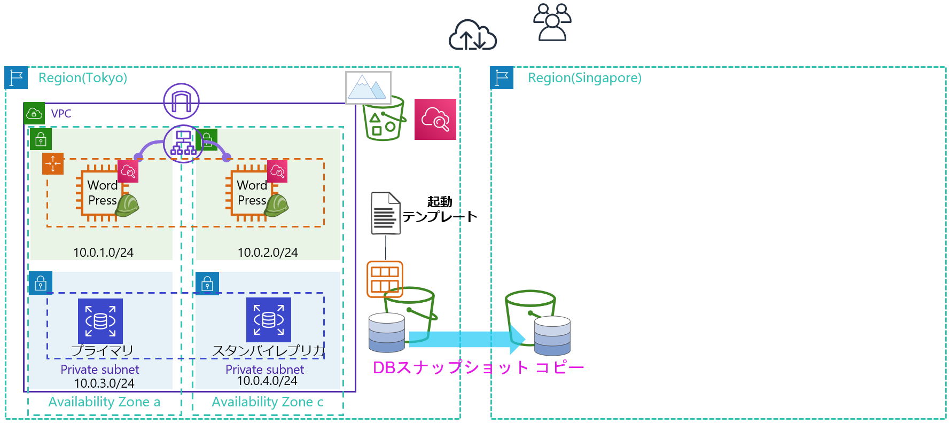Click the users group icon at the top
tap(552, 22)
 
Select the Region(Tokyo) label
tap(83, 78)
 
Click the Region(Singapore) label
tap(584, 78)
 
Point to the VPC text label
tap(61, 114)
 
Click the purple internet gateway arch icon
tap(181, 101)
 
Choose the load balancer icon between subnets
tap(183, 143)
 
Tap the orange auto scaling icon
tap(53, 163)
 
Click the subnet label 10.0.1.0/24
tap(103, 253)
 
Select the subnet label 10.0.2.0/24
tap(268, 253)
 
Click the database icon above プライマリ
tap(100, 320)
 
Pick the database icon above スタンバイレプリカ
tap(269, 319)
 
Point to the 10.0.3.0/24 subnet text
tap(104, 383)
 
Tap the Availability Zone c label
tap(267, 402)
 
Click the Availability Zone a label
tap(104, 402)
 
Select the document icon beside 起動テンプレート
tap(386, 213)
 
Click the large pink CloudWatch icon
tap(435, 119)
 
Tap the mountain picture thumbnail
tap(368, 88)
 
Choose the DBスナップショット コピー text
tap(478, 367)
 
